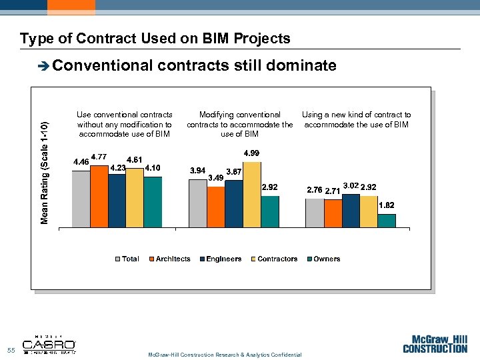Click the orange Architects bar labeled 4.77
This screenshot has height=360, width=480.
pos(99,197)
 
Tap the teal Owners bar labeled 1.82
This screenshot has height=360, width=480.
pos(387,221)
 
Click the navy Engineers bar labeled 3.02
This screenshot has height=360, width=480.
pos(351,211)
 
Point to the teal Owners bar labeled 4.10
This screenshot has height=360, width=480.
pos(153,202)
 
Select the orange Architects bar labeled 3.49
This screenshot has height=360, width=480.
pos(216,207)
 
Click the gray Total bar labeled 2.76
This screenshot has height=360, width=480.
pos(315,213)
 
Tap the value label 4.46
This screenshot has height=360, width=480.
pos(81,162)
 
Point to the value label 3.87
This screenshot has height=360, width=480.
pos(234,172)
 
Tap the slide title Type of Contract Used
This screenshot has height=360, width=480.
pos(155,39)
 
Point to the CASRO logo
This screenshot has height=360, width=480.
pos(50,345)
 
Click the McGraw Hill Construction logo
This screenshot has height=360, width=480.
pos(435,343)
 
